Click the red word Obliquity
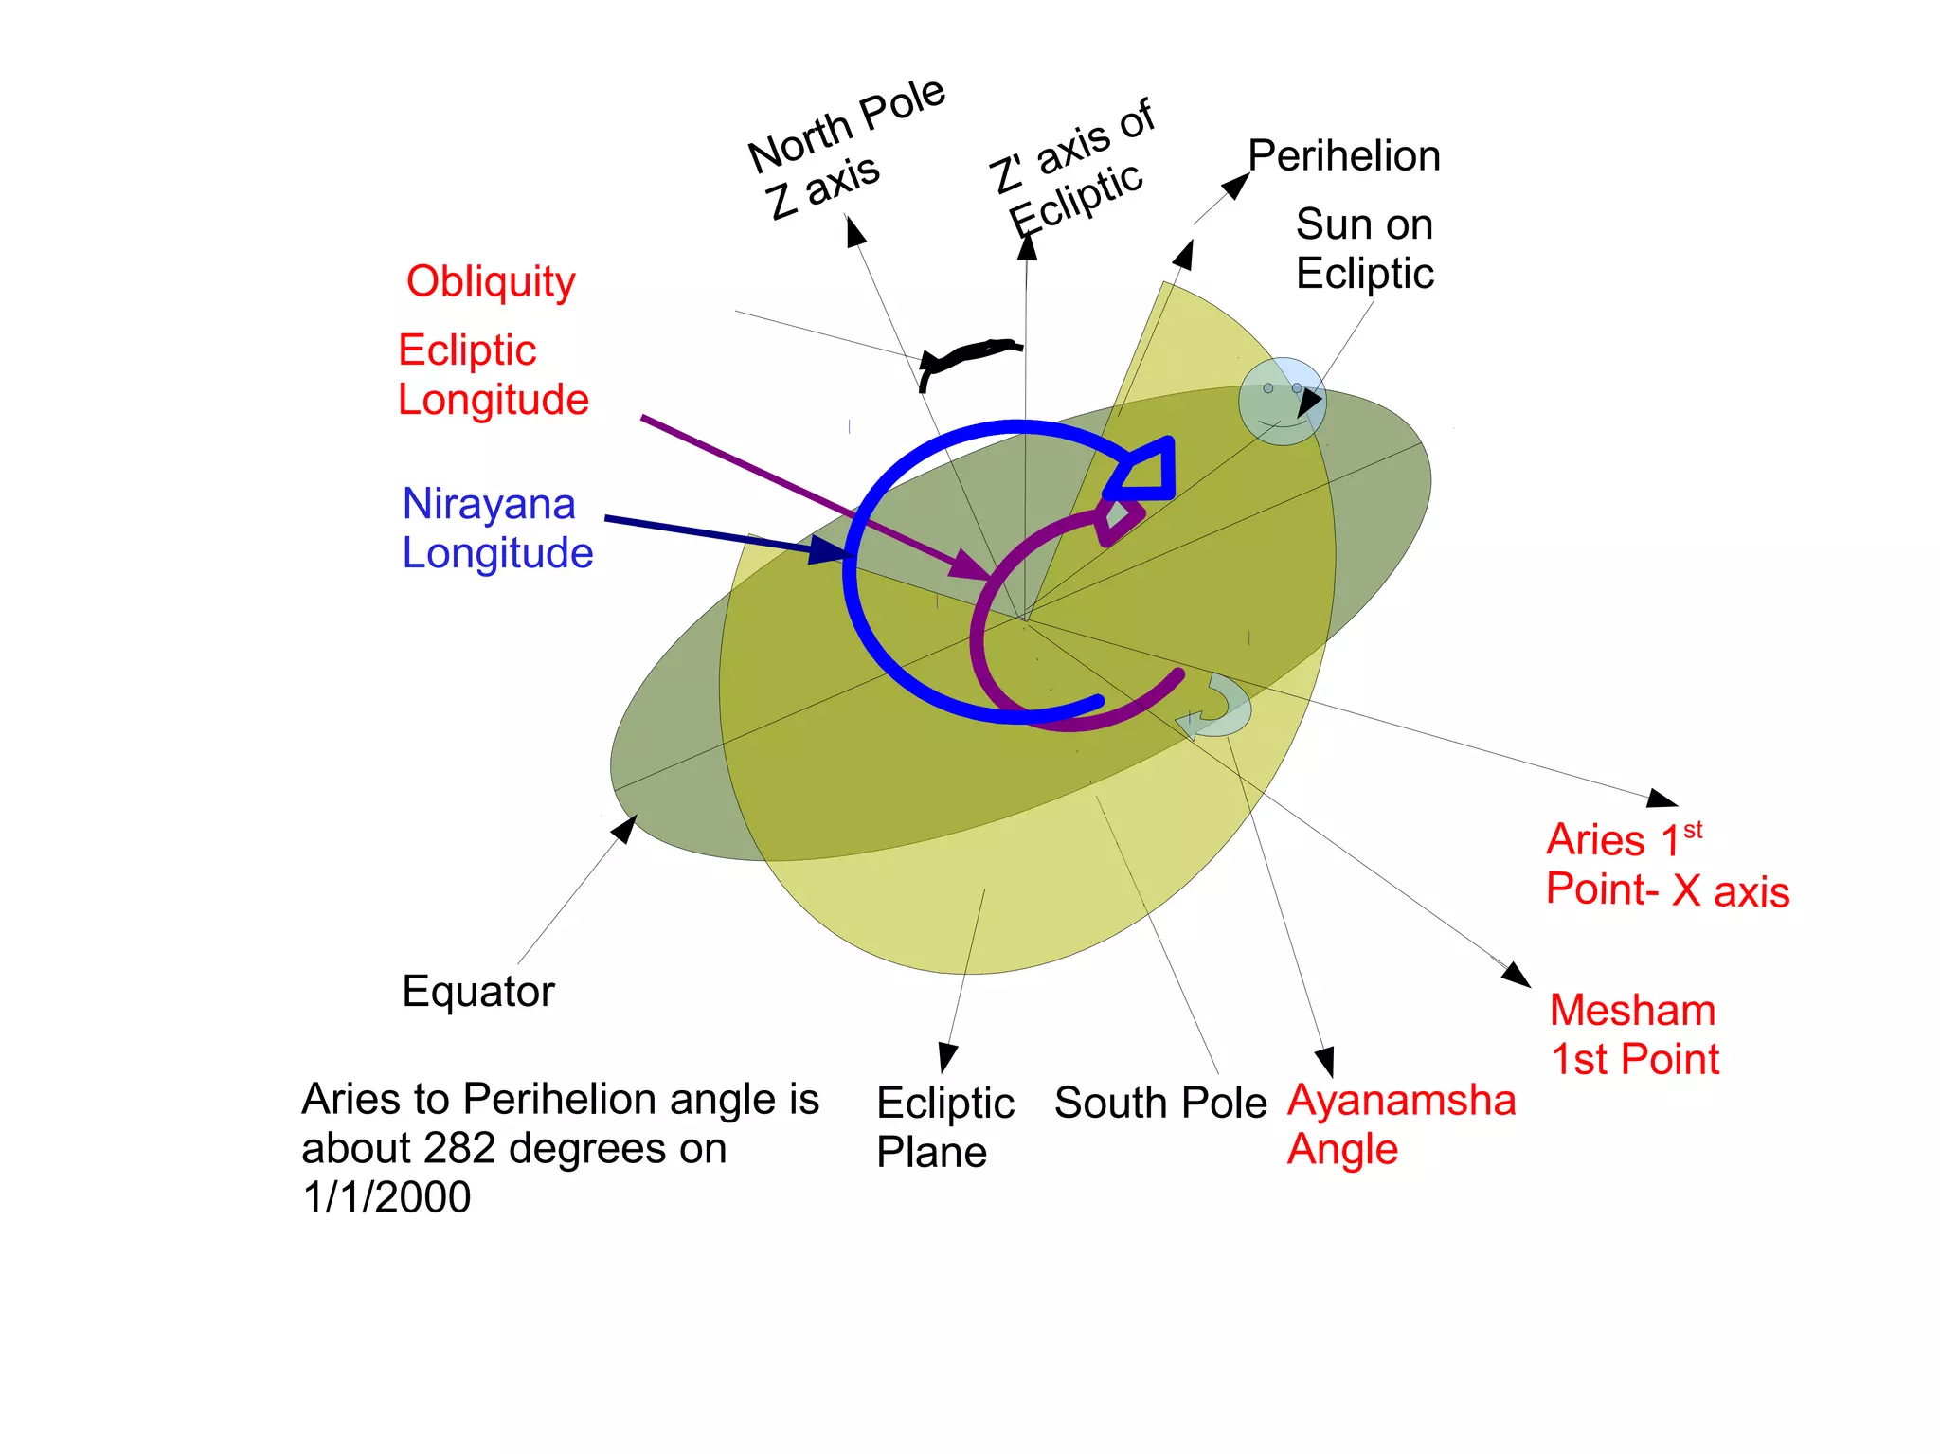(491, 281)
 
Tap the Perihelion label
(1343, 155)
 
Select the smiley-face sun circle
(1282, 401)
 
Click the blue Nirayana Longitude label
(496, 528)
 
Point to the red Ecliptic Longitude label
(493, 375)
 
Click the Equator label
(477, 992)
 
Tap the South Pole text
(1159, 1103)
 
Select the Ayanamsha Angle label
(1400, 1124)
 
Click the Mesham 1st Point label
(1634, 1034)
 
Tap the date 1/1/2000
(386, 1197)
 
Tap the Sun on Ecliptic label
(1364, 249)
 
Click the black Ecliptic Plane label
(943, 1127)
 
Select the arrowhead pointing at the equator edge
(624, 829)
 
